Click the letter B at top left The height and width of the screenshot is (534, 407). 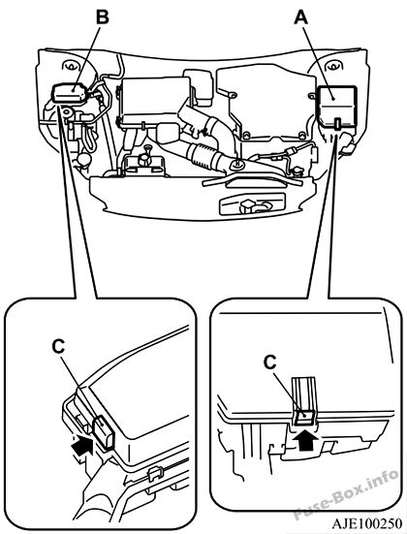pos(102,17)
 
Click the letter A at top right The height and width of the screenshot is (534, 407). pos(301,17)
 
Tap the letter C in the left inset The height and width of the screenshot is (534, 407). pos(58,347)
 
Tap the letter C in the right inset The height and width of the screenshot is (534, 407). pos(269,362)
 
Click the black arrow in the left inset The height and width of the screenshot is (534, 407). pos(82,445)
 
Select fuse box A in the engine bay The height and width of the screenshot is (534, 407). pos(336,107)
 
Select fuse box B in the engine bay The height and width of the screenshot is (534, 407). pos(70,92)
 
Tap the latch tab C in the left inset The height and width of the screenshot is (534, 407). pos(103,432)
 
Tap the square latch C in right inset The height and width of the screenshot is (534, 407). pos(304,417)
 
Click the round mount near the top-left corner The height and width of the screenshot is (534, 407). pos(71,66)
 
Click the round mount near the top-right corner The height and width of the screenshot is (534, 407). pos(332,66)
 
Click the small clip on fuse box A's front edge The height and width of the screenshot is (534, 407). pos(337,123)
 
